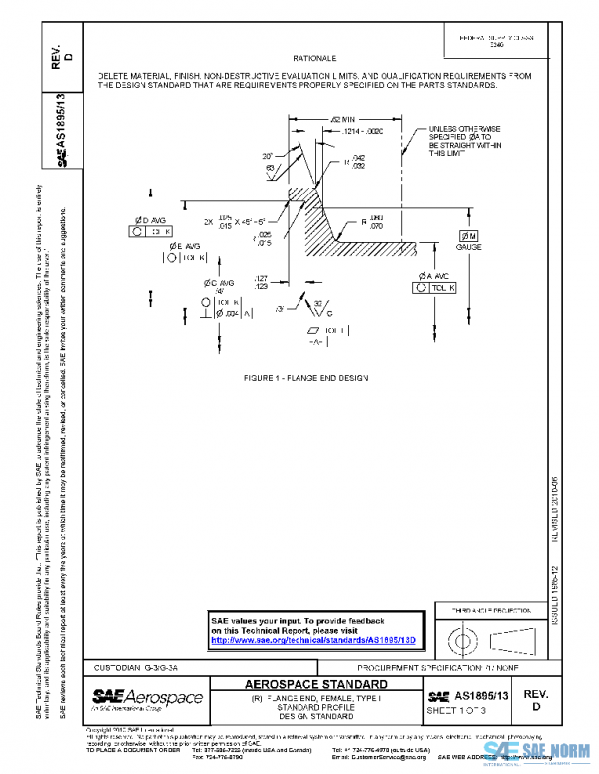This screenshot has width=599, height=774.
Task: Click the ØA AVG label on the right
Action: click(432, 275)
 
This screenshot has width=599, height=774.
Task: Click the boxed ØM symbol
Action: click(469, 233)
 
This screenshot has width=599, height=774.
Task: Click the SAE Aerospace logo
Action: click(147, 696)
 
